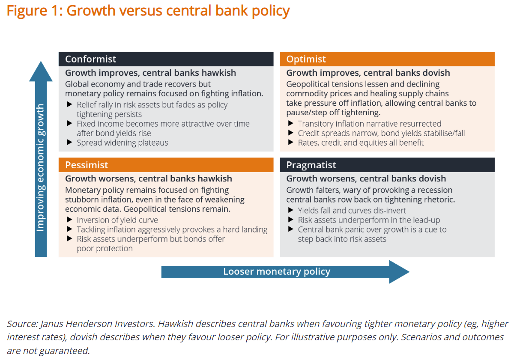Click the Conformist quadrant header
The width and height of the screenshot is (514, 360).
click(x=166, y=59)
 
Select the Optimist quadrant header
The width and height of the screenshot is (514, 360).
click(x=387, y=59)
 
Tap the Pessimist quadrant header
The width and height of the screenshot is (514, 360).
click(x=166, y=165)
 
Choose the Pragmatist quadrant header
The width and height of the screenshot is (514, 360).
click(x=387, y=165)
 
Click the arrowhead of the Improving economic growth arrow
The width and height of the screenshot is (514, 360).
click(x=41, y=71)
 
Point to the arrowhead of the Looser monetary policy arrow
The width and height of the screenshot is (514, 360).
click(x=399, y=272)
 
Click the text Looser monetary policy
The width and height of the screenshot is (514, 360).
click(x=277, y=272)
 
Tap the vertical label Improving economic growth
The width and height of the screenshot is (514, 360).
click(x=41, y=168)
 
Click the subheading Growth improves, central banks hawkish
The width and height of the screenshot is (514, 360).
click(x=150, y=73)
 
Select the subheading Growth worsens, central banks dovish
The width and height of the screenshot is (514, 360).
click(x=366, y=179)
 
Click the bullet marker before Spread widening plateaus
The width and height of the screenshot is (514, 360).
click(x=69, y=142)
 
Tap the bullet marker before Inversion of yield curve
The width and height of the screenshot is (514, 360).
click(x=69, y=220)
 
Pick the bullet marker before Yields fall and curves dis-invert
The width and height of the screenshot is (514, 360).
click(x=290, y=210)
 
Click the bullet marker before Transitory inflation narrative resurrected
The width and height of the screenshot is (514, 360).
click(x=290, y=123)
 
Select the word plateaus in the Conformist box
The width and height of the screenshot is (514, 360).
click(x=153, y=143)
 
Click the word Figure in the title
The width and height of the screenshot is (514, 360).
click(x=27, y=11)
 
